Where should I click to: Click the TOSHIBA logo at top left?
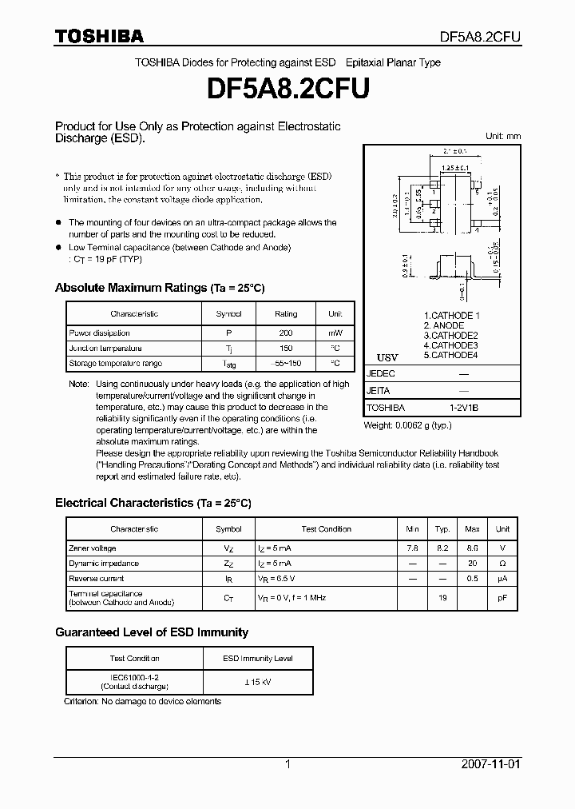[99, 36]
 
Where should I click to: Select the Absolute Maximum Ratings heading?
[159, 288]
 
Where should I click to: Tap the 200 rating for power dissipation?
[285, 333]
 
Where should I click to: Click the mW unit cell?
[335, 333]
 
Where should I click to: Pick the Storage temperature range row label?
[115, 363]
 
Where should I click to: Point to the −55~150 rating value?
[285, 363]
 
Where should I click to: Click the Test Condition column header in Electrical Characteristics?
[326, 529]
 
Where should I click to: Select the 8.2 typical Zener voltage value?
[442, 548]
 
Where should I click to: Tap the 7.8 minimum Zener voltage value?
[412, 548]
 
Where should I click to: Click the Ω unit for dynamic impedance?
[502, 564]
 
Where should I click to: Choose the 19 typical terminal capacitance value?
[442, 597]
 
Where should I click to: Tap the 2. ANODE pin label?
[443, 325]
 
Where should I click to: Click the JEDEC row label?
[380, 373]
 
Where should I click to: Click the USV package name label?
[387, 357]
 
